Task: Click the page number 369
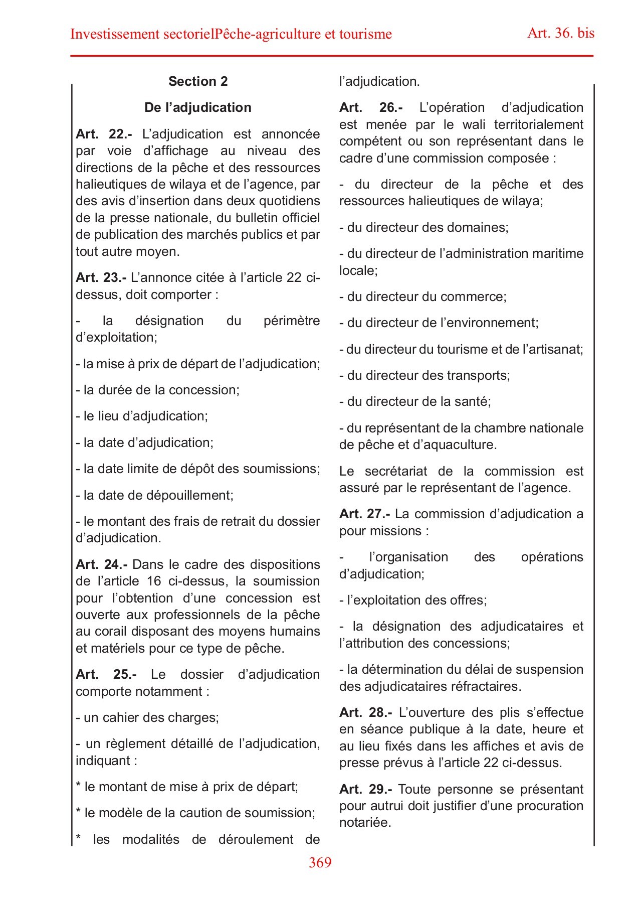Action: pyautogui.click(x=320, y=862)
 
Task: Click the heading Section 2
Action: pyautogui.click(x=198, y=81)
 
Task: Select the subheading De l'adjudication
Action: pyautogui.click(x=198, y=107)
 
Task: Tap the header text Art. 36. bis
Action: pyautogui.click(x=561, y=33)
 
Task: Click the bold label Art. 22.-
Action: pyautogui.click(x=104, y=134)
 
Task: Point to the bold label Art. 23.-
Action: pyautogui.click(x=101, y=277)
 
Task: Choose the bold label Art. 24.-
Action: pyautogui.click(x=102, y=564)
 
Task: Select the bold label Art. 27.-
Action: pyautogui.click(x=365, y=514)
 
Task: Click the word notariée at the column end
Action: pyautogui.click(x=364, y=822)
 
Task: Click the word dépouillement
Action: pyautogui.click(x=189, y=495)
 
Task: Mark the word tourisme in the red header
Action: pyautogui.click(x=365, y=34)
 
